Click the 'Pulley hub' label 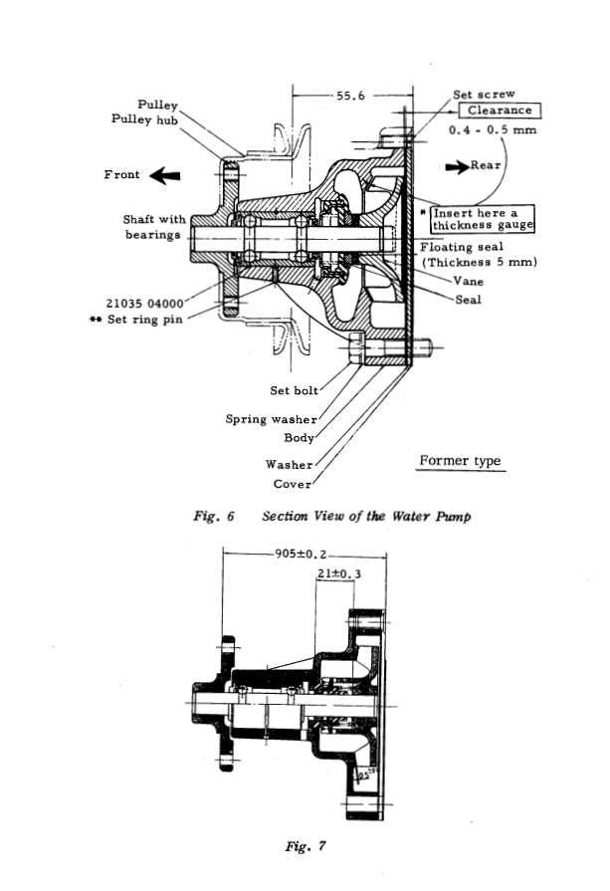145,119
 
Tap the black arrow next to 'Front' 164,175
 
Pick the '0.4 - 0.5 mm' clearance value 493,130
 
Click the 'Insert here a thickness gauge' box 482,219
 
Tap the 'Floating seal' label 462,247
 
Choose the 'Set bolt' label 295,390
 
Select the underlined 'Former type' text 460,461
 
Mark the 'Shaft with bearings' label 154,227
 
